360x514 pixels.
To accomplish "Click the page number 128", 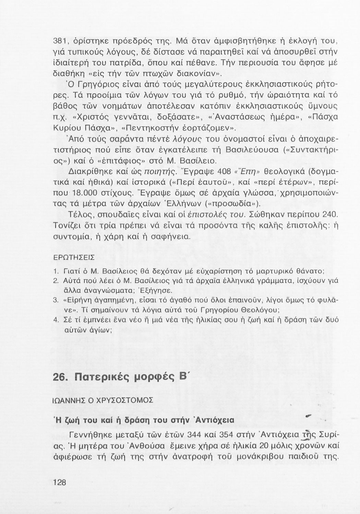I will [x=60, y=482].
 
